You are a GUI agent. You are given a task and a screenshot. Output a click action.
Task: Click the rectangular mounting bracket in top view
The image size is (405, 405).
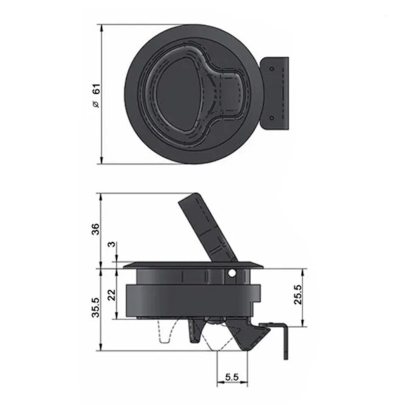pos(277,94)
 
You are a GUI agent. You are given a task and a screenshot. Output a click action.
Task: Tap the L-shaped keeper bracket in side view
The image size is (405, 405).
pos(282,338)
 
